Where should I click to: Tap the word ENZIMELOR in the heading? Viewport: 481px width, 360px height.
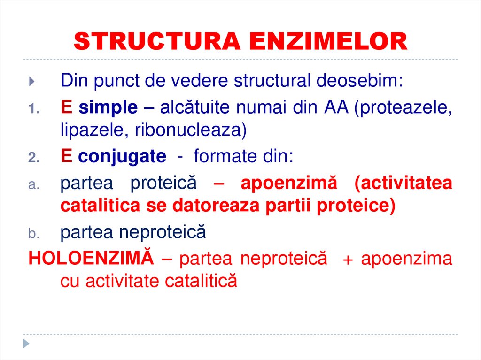click(x=328, y=42)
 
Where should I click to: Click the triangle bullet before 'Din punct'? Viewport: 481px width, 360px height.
click(x=31, y=82)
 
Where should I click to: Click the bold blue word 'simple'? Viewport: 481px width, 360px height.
click(x=108, y=107)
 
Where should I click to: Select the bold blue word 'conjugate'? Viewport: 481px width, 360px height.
click(x=122, y=156)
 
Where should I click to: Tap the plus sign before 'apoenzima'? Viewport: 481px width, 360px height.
click(x=348, y=260)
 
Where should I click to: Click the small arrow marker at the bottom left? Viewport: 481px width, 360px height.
click(x=27, y=343)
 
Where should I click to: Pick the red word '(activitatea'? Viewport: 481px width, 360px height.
click(x=403, y=183)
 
